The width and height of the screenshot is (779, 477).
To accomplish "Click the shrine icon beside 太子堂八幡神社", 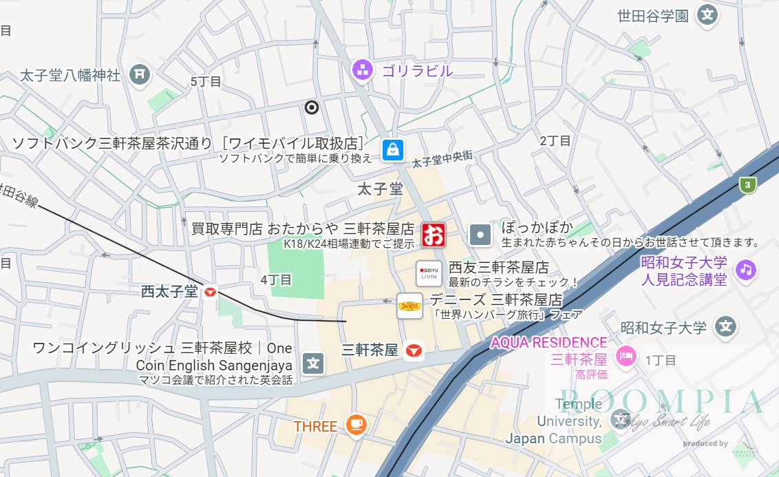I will pyautogui.click(x=140, y=74).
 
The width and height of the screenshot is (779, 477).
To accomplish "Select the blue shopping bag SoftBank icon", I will pyautogui.click(x=393, y=149).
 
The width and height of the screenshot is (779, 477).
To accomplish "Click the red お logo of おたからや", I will pyautogui.click(x=434, y=235).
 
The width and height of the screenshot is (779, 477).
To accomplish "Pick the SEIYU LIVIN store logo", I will pyautogui.click(x=429, y=273).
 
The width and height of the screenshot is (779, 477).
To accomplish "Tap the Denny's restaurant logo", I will pyautogui.click(x=410, y=306).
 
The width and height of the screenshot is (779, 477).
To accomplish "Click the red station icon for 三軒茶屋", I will pyautogui.click(x=413, y=351).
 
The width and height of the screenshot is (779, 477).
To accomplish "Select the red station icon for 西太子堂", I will pyautogui.click(x=210, y=293).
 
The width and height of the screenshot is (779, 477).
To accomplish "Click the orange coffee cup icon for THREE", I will pyautogui.click(x=356, y=425).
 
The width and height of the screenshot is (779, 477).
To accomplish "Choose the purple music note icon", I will pyautogui.click(x=745, y=270).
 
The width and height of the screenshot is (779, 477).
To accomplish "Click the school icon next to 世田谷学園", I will pyautogui.click(x=707, y=14).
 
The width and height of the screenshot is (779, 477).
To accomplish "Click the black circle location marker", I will pyautogui.click(x=312, y=107).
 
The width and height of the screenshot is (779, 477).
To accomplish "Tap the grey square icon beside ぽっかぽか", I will pyautogui.click(x=481, y=235).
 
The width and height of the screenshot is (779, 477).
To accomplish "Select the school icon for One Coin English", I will pyautogui.click(x=314, y=362).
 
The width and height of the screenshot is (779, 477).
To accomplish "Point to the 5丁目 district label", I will pyautogui.click(x=206, y=82).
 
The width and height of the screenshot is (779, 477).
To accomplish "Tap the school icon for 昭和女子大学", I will pyautogui.click(x=725, y=326).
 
